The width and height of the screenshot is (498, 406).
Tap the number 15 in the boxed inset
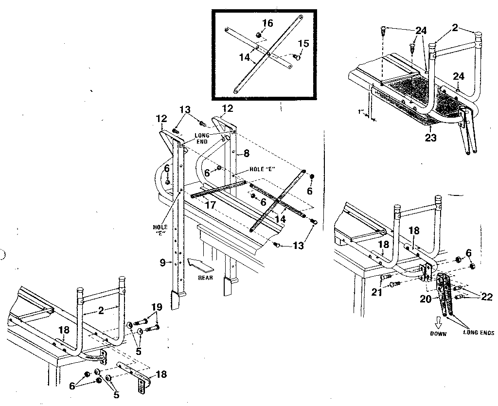pyautogui.click(x=303, y=43)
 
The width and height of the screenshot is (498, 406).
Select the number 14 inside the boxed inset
pyautogui.click(x=246, y=57)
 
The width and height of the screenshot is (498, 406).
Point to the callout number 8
pyautogui.click(x=247, y=153)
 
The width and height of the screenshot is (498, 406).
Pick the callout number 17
pyautogui.click(x=210, y=206)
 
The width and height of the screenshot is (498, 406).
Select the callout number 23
pyautogui.click(x=429, y=138)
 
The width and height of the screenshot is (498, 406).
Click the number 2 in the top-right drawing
pyautogui.click(x=454, y=28)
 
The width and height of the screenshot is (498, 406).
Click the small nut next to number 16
pyautogui.click(x=259, y=35)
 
